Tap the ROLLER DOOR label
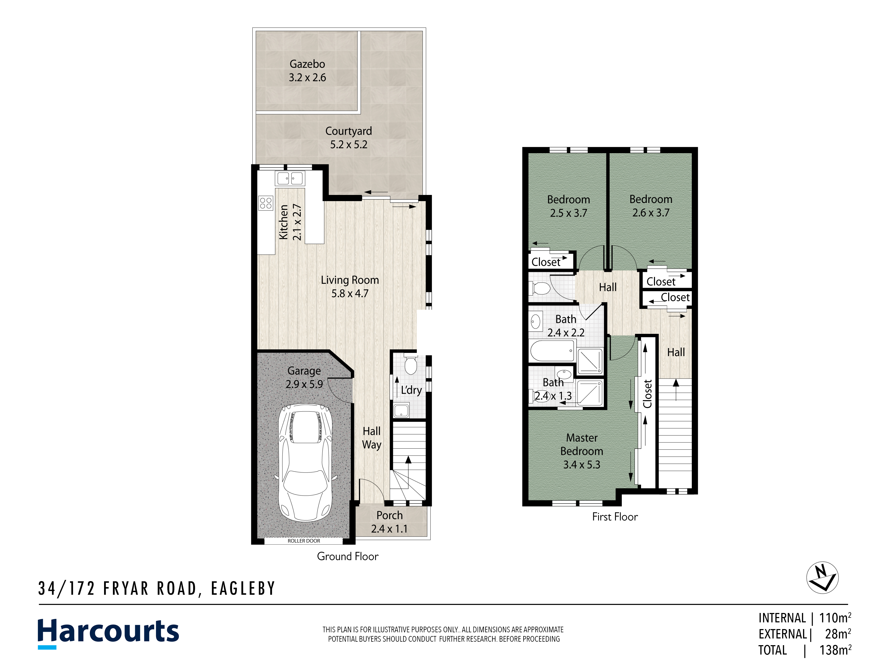(304, 541)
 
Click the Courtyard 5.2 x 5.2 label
(348, 138)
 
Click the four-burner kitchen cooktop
(266, 203)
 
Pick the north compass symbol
(822, 578)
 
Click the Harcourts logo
(108, 633)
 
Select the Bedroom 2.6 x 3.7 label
(651, 206)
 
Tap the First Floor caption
(615, 517)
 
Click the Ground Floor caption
(348, 556)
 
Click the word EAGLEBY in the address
(243, 588)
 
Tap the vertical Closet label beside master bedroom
(647, 394)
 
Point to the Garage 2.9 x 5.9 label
(304, 378)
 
